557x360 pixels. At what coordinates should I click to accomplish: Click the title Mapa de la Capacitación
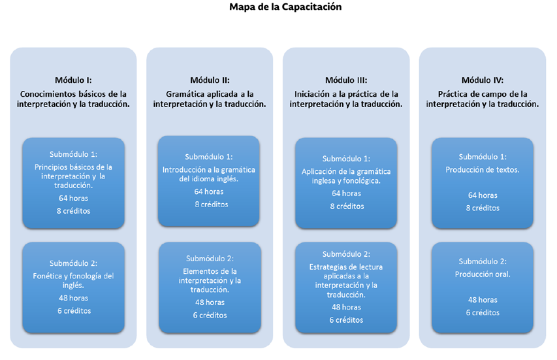tap(285, 7)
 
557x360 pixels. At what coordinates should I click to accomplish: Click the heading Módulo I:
tap(73, 80)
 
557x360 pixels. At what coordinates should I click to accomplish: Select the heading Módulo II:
tap(210, 80)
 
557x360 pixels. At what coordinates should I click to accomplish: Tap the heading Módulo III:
tap(345, 80)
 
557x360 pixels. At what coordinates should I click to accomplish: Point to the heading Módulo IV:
tap(482, 80)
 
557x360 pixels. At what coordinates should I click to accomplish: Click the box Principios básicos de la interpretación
tap(73, 183)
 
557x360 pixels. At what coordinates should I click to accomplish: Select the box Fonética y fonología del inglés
tap(73, 287)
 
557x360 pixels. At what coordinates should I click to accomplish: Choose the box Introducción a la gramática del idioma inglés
tap(209, 180)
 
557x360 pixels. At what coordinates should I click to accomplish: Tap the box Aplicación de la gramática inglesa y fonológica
tap(345, 183)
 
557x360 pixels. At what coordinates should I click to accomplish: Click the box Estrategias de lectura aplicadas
tap(345, 287)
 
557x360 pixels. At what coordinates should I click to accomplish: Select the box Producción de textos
tap(482, 182)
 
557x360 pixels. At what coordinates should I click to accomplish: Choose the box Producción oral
tap(482, 287)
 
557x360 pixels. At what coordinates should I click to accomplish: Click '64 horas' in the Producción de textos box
tap(483, 195)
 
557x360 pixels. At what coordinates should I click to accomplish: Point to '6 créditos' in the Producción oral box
tap(483, 312)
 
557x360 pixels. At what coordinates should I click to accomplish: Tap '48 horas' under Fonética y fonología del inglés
tap(73, 298)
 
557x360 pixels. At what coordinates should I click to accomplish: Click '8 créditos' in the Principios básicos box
tap(73, 210)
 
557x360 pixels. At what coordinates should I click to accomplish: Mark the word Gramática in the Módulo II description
tap(180, 93)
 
